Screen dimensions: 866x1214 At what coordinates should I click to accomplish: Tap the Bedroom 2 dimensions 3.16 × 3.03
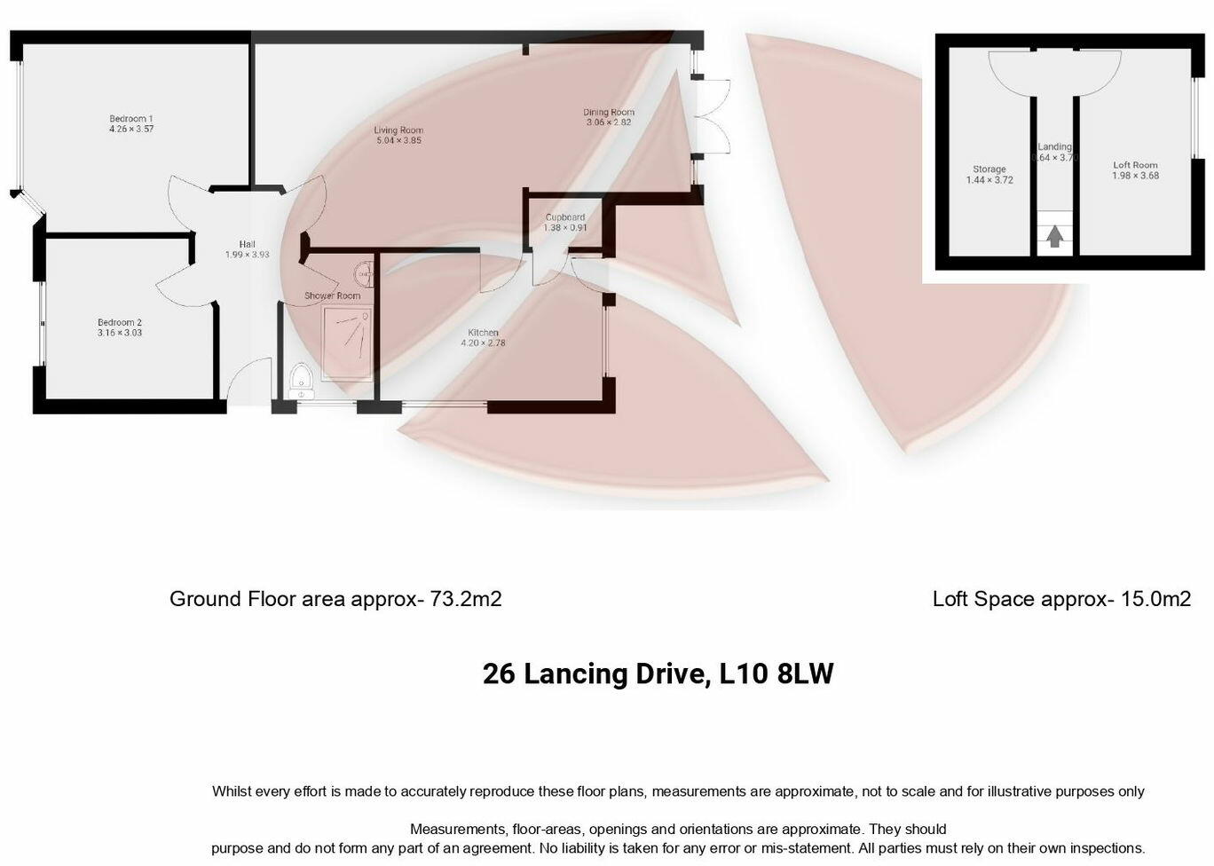[x=120, y=334]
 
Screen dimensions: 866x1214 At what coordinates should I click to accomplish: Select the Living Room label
[x=398, y=130]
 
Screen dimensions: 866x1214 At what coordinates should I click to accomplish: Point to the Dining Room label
[x=609, y=112]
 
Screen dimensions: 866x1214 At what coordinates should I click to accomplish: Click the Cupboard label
[x=565, y=217]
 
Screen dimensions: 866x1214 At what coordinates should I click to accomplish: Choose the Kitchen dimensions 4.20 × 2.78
[x=484, y=343]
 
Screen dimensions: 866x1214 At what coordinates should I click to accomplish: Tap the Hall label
[x=247, y=245]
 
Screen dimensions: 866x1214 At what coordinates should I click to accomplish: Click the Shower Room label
[x=332, y=295]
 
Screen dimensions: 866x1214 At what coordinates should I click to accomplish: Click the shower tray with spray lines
[x=348, y=342]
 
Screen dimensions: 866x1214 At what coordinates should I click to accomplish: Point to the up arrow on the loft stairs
[x=1054, y=237]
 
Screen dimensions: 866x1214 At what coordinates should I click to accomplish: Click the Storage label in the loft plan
[x=989, y=169]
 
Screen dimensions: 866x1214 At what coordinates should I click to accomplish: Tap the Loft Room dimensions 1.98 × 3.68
[x=1136, y=176]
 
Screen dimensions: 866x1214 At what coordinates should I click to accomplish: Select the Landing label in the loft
[x=1055, y=147]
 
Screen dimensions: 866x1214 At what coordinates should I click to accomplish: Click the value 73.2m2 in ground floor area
[x=466, y=599]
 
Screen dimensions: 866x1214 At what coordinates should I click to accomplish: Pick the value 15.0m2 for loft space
[x=1156, y=599]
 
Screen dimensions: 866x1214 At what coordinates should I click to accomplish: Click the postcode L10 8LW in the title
[x=776, y=674]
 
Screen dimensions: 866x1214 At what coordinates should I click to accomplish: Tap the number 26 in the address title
[x=499, y=674]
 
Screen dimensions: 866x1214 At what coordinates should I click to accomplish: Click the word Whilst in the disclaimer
[x=232, y=791]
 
